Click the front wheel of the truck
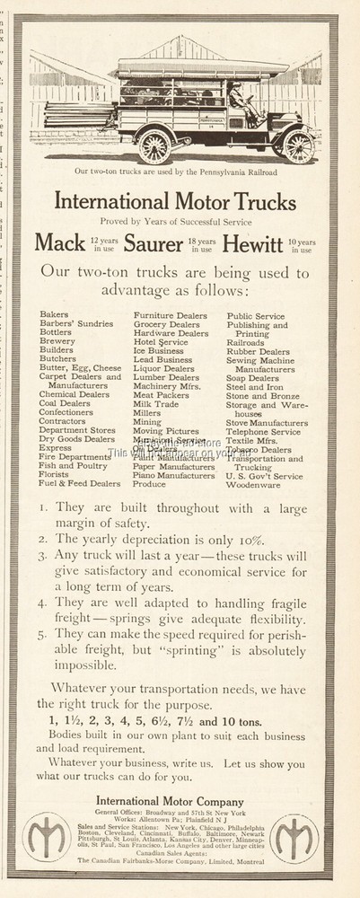tap(298, 146)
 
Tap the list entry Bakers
tap(54, 316)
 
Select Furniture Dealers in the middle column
tap(170, 316)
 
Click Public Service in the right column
tap(255, 316)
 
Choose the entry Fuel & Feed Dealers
tap(79, 483)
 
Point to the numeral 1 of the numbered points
tap(44, 507)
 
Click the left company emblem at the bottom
tap(44, 838)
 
